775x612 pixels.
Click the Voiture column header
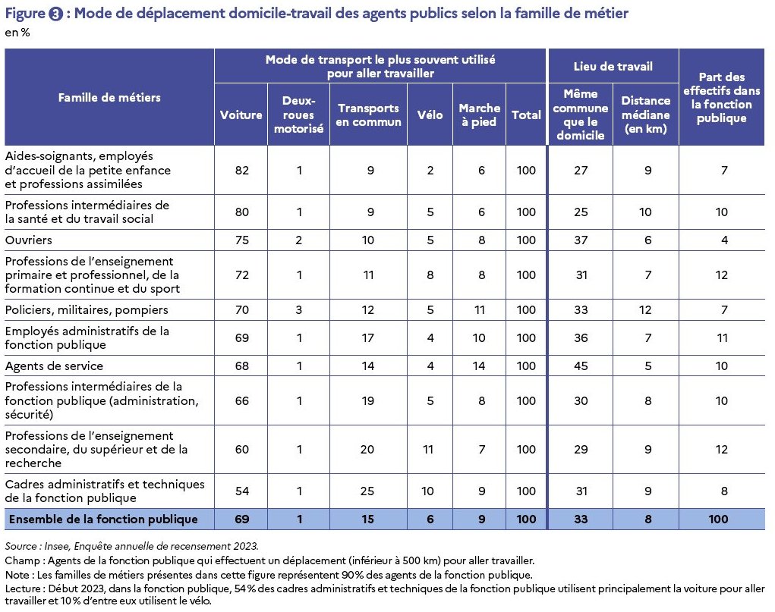point(241,115)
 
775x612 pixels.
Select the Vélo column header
point(430,115)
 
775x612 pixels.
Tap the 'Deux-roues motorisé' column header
point(298,115)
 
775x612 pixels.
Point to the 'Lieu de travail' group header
point(613,66)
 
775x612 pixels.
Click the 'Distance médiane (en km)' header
point(645,115)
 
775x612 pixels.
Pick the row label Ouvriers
point(28,240)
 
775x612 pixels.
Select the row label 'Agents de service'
point(54,366)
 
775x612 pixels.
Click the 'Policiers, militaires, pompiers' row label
point(87,310)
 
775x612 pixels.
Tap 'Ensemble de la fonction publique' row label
point(103,519)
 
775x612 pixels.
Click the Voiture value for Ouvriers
point(241,240)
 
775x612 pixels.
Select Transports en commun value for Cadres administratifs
point(367,491)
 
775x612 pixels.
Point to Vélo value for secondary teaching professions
point(428,450)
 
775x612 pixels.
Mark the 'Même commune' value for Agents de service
point(581,366)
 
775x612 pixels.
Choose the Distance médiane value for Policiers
point(645,310)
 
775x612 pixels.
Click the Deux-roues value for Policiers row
point(298,310)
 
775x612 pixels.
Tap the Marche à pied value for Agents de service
point(478,366)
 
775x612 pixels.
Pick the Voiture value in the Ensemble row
point(241,519)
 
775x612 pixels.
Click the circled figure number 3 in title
point(55,14)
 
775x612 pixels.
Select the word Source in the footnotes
point(20,546)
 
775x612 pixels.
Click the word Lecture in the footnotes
point(24,588)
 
